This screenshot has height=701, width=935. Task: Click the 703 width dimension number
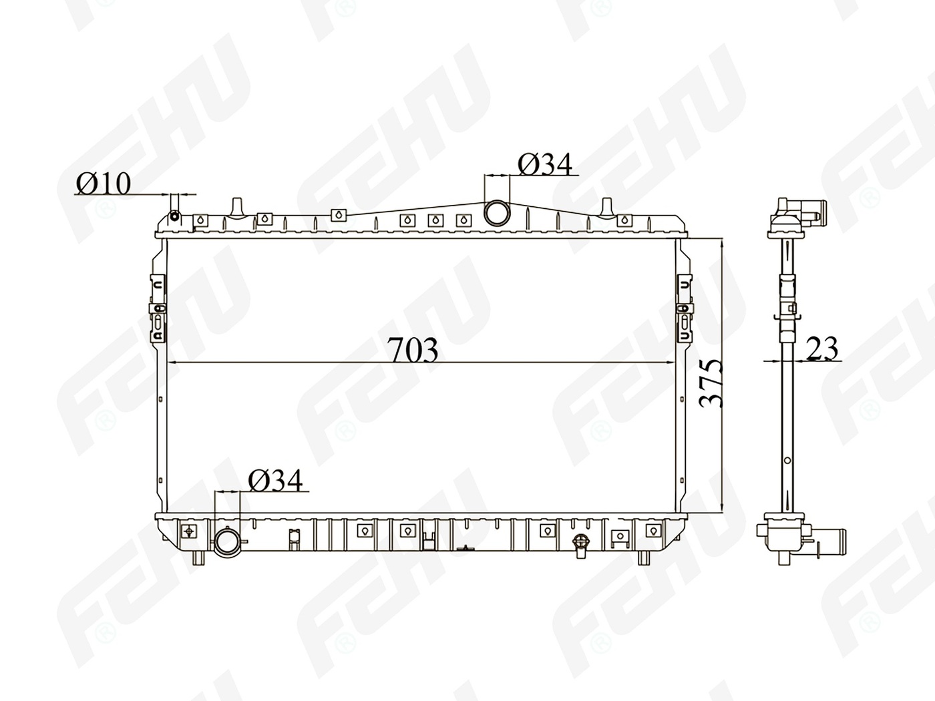tap(414, 350)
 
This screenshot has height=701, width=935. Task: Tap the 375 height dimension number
tap(711, 383)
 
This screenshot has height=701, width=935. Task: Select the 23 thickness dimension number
tap(821, 348)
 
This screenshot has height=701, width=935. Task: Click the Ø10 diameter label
tap(103, 184)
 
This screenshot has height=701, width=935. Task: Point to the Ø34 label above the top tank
tap(545, 165)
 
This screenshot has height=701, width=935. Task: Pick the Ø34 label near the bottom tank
tap(275, 481)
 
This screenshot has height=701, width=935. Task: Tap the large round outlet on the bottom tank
tap(227, 541)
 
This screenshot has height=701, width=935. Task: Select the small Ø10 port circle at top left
tap(175, 216)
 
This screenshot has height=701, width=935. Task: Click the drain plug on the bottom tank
tap(580, 545)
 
